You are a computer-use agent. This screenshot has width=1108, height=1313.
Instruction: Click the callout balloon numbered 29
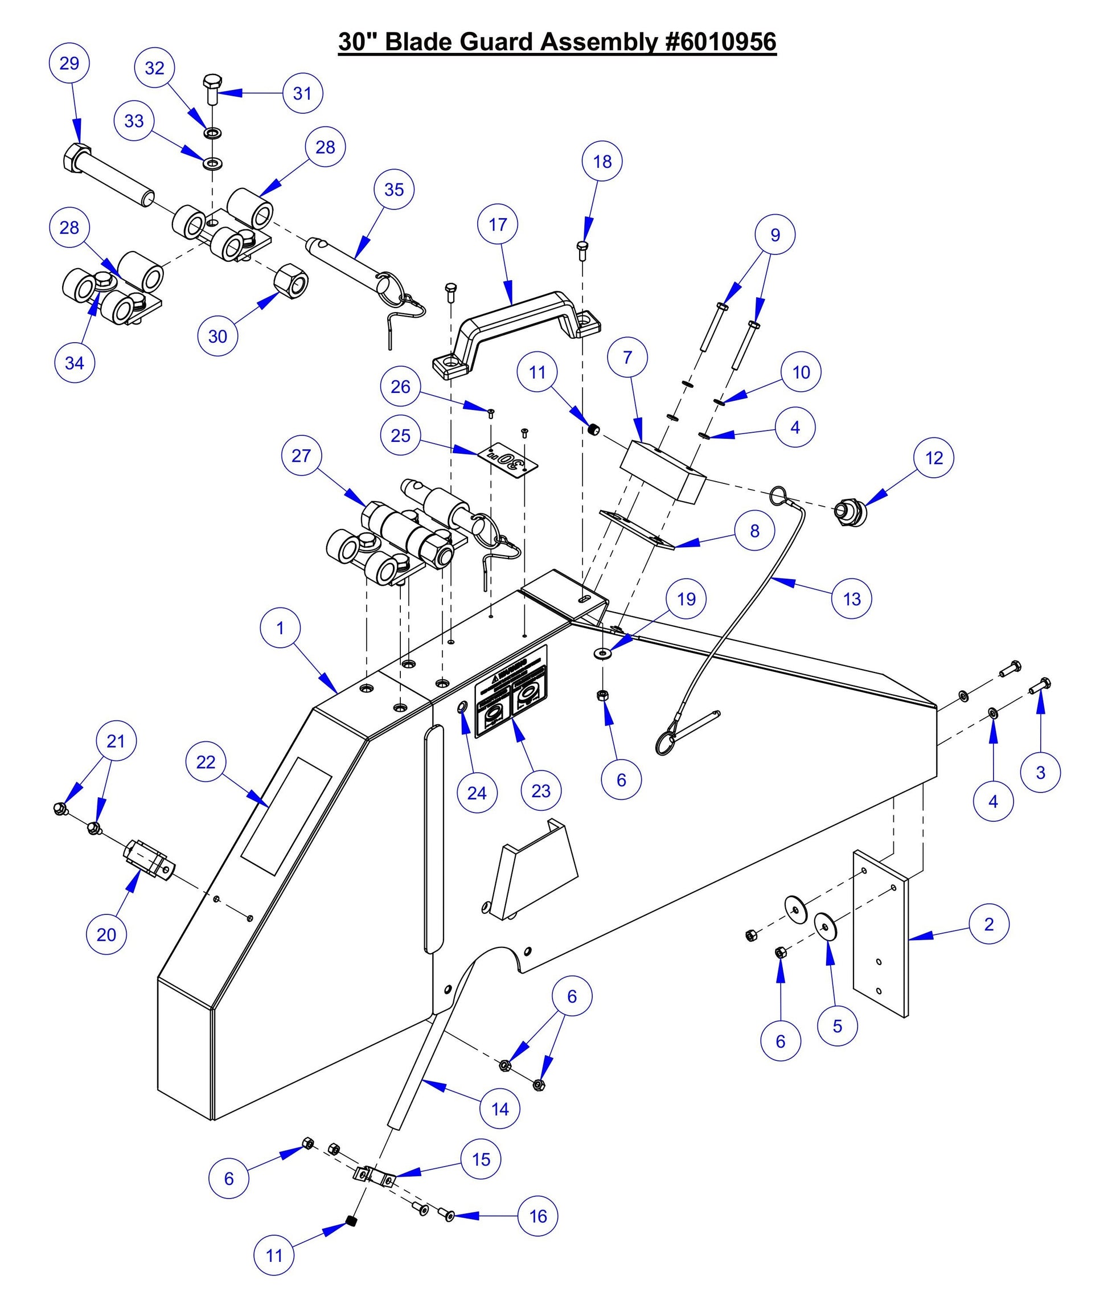(x=69, y=63)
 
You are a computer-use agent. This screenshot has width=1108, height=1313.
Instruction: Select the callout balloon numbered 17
(x=498, y=224)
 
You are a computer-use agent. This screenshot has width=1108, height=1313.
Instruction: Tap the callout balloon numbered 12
(x=934, y=458)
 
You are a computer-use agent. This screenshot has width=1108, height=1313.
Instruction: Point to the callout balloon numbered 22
(x=206, y=762)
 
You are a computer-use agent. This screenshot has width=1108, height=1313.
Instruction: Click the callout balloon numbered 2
(x=988, y=924)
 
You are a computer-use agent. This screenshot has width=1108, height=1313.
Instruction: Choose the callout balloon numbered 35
(x=394, y=190)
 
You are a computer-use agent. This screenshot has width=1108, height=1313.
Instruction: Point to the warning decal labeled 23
(x=511, y=691)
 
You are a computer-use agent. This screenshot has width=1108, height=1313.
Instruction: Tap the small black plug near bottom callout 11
(x=352, y=1221)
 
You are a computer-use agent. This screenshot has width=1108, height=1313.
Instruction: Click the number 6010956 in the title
(x=720, y=42)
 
